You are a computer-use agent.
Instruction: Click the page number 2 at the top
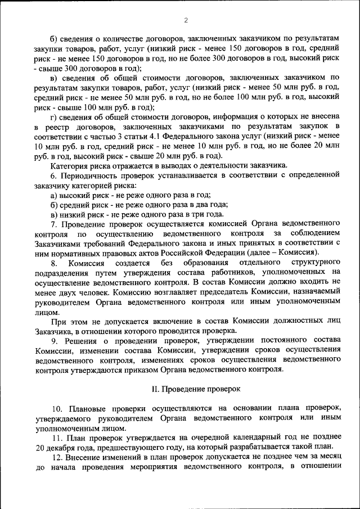pos(185,21)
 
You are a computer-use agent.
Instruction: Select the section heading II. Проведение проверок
pos(196,389)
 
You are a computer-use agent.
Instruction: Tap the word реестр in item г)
pos(62,127)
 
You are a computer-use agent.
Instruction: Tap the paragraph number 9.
pos(53,340)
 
